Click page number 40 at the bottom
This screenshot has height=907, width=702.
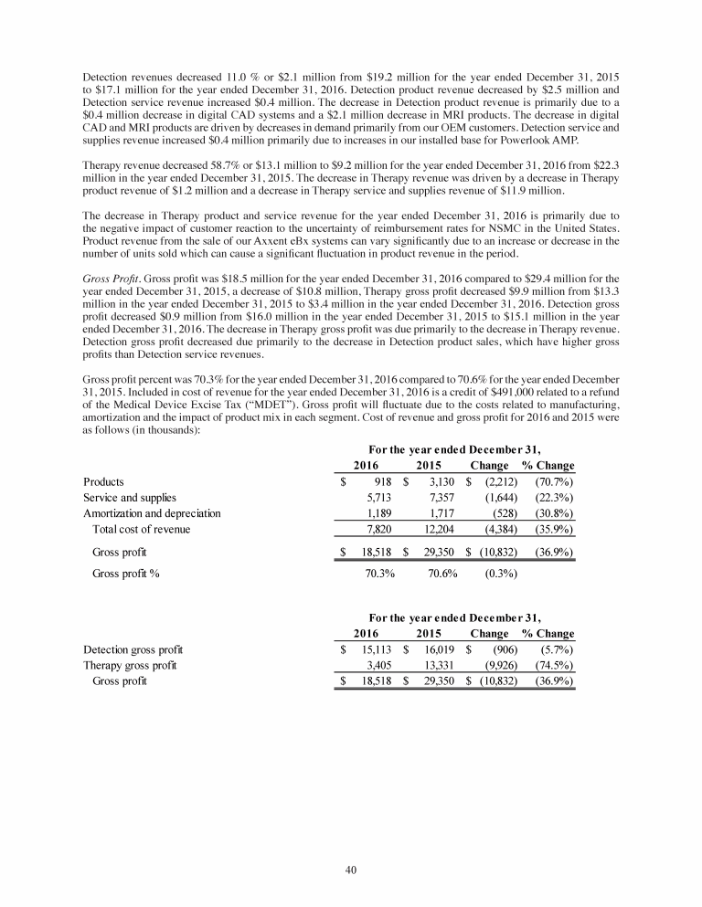coord(350,870)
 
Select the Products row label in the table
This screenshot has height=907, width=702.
coord(104,481)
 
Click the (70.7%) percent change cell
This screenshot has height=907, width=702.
coord(554,481)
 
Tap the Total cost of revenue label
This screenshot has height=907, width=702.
coord(141,530)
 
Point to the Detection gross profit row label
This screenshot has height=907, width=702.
coord(133,649)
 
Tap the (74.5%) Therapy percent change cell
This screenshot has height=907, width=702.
coord(554,665)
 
